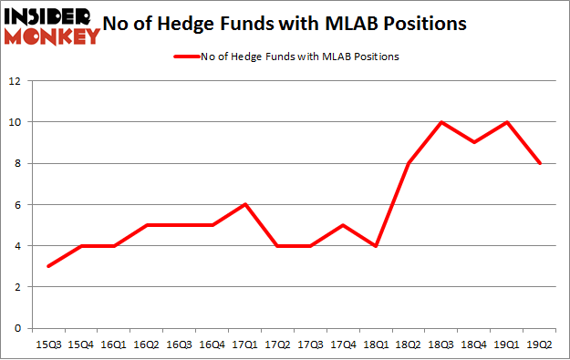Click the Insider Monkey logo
tap(52, 25)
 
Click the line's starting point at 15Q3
tap(48, 266)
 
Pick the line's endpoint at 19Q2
tap(542, 163)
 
